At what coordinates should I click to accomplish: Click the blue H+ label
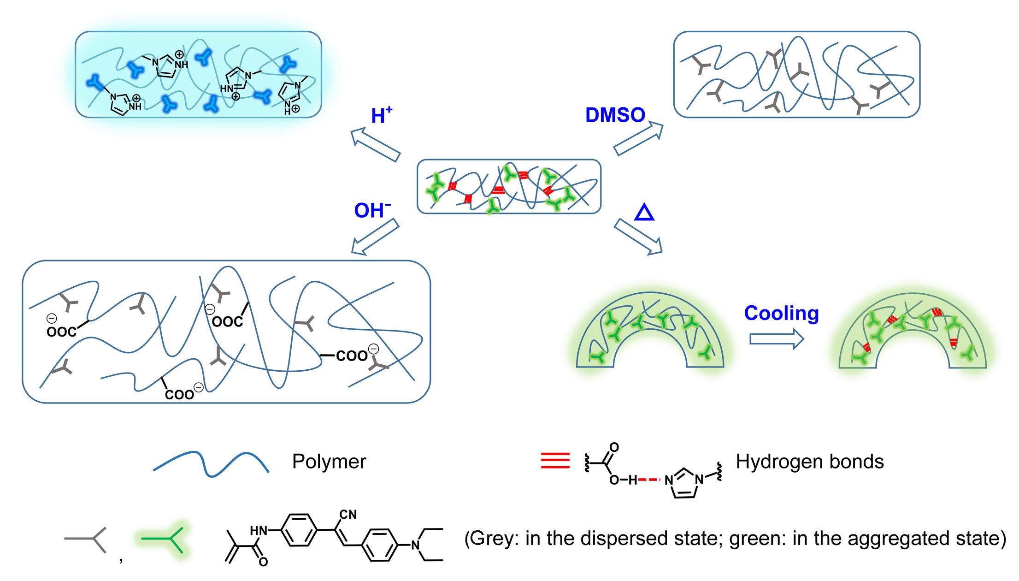coord(381,115)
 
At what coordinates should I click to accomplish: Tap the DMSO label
coord(615,115)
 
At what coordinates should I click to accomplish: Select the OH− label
coord(372,211)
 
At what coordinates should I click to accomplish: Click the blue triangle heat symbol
coord(644,213)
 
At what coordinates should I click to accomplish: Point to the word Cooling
coord(781,314)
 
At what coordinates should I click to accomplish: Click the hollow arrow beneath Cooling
coord(776,339)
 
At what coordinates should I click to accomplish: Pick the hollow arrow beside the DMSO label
coord(638,138)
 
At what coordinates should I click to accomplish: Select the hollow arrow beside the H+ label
coord(375,145)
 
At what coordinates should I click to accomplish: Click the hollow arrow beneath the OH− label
coord(375,237)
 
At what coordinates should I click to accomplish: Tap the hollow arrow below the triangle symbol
coord(638,237)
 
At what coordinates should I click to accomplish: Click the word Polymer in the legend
coord(329,462)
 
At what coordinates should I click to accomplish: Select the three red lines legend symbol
coord(555,461)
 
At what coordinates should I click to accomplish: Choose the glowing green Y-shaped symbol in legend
coord(164,539)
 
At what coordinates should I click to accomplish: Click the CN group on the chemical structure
coord(348,515)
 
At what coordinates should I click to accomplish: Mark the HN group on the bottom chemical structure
coord(259,531)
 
